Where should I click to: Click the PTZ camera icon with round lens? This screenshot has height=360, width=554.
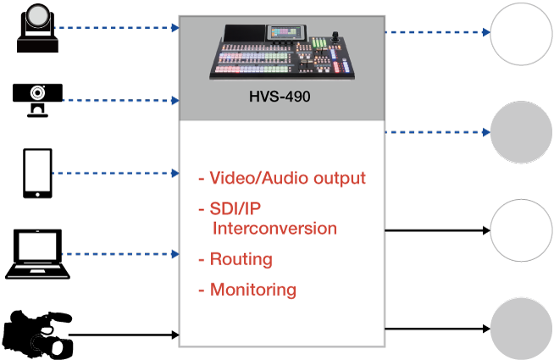click(x=38, y=19)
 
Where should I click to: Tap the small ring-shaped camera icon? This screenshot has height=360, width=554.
click(x=37, y=93)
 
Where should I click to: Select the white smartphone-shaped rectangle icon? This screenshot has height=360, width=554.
click(x=37, y=170)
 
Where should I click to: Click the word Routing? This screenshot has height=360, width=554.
click(x=241, y=259)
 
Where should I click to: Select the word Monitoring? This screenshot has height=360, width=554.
click(x=253, y=290)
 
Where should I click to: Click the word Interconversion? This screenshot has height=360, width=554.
click(x=275, y=229)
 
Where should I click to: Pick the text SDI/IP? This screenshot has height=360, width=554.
click(x=235, y=209)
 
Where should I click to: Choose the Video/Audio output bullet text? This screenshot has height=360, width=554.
click(x=287, y=179)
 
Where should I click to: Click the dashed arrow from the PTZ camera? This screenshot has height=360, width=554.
click(x=119, y=27)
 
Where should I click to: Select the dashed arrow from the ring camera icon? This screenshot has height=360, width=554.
click(x=121, y=100)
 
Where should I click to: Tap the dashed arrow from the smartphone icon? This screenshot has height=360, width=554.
click(x=115, y=173)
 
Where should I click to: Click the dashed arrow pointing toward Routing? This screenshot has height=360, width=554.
click(x=121, y=253)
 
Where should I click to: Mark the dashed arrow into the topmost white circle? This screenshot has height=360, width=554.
click(x=438, y=32)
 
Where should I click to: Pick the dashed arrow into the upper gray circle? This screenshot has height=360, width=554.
click(x=438, y=132)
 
